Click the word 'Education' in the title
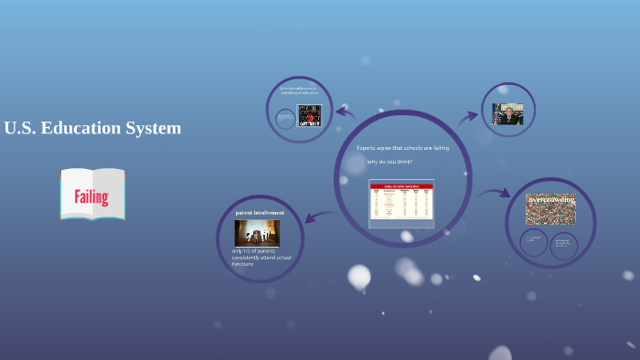coord(90,128)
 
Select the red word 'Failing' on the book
coord(91,196)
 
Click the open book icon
coord(92,194)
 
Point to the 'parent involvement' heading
coord(260,212)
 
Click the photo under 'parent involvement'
coord(257,232)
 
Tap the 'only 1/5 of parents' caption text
coord(261,258)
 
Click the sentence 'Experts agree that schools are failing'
coord(402,147)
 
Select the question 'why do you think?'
coord(389,162)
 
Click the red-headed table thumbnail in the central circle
coord(401,202)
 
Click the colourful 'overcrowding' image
coord(550,208)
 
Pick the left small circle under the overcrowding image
coord(534,242)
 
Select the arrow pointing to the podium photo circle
coord(468,117)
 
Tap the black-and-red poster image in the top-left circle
coord(310,116)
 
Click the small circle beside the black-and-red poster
coord(285,119)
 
